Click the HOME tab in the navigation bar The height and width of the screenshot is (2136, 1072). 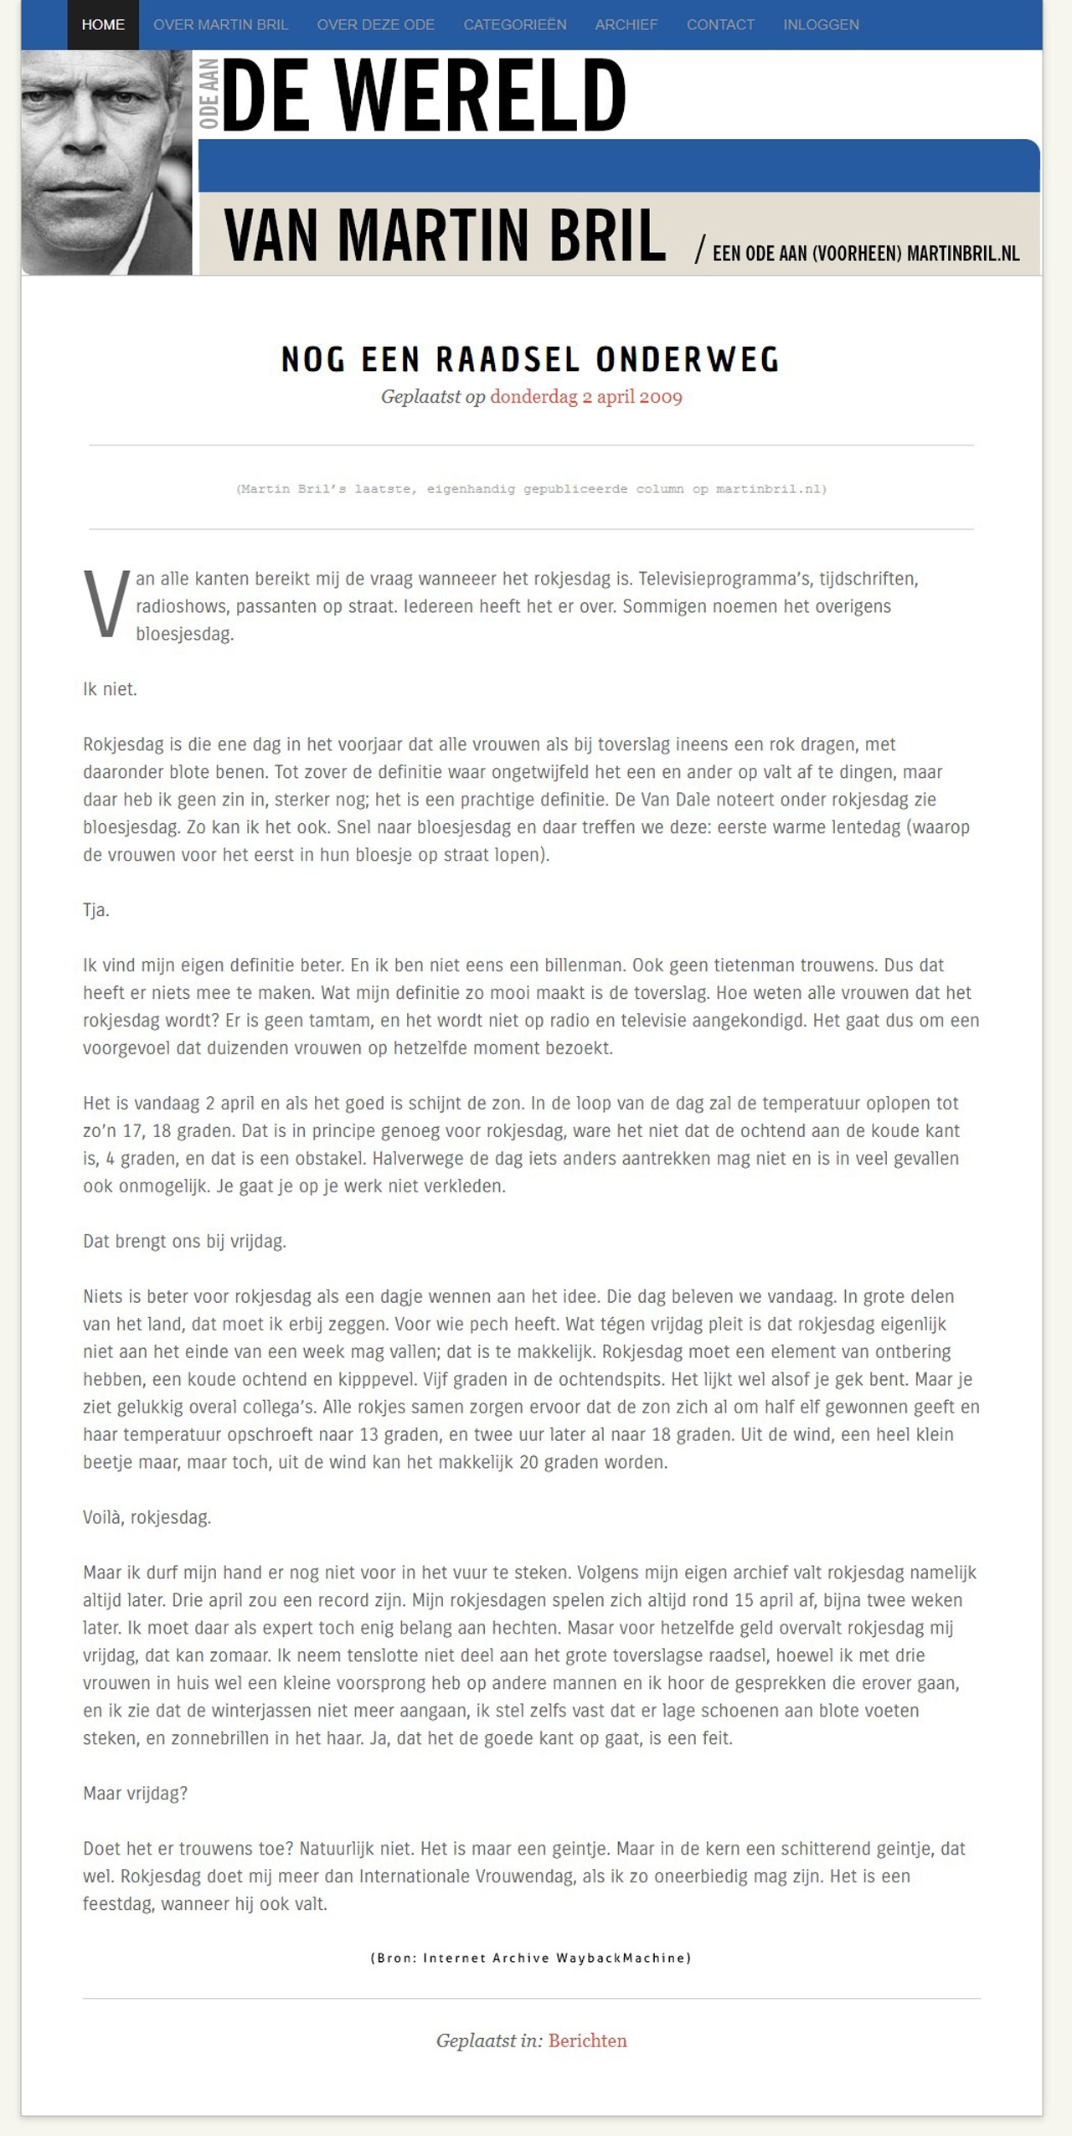pyautogui.click(x=103, y=25)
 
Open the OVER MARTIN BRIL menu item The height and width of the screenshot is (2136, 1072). pyautogui.click(x=220, y=25)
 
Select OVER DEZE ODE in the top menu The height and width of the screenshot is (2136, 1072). pyautogui.click(x=375, y=25)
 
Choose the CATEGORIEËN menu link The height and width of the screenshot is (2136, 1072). pyautogui.click(x=514, y=25)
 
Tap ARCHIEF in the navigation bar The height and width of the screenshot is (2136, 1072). pyautogui.click(x=626, y=25)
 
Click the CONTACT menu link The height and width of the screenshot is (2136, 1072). pyautogui.click(x=720, y=25)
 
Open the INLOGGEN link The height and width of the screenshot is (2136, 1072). pyautogui.click(x=821, y=25)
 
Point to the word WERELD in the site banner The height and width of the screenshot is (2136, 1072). pyautogui.click(x=480, y=95)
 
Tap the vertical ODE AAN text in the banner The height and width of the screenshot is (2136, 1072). pyautogui.click(x=209, y=94)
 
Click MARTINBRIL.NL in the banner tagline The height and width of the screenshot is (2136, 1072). pyautogui.click(x=963, y=253)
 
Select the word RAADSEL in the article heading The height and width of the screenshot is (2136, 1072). pyautogui.click(x=508, y=360)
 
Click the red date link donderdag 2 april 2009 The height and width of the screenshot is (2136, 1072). pyautogui.click(x=586, y=397)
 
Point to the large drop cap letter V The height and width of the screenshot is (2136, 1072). pyautogui.click(x=106, y=605)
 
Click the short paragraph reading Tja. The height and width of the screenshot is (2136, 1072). pyautogui.click(x=96, y=910)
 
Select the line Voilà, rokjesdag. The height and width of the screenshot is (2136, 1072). pyautogui.click(x=147, y=1517)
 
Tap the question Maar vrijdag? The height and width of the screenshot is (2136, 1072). pyautogui.click(x=135, y=1794)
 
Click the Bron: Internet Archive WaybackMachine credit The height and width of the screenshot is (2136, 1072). pyautogui.click(x=531, y=1958)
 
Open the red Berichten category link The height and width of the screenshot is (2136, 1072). pyautogui.click(x=587, y=2041)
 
